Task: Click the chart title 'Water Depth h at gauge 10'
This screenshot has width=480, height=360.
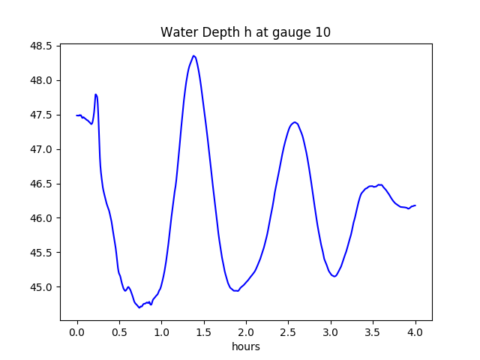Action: coord(245,32)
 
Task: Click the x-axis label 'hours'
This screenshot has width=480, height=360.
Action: coord(245,347)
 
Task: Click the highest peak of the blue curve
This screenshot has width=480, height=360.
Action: coord(193,55)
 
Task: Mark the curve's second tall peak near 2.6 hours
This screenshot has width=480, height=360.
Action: coord(295,121)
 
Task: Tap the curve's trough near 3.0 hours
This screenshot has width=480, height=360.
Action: coord(334,277)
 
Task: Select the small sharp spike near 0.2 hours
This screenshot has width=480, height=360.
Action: coord(95,94)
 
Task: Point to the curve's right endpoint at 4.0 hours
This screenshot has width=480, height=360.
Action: coord(415,205)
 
